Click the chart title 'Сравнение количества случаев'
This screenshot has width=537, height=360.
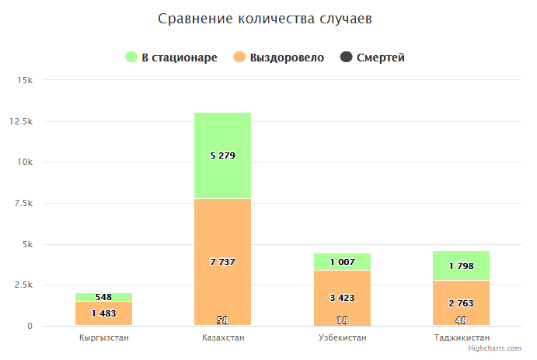pos(264,18)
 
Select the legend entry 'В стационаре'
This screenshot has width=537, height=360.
pos(172,58)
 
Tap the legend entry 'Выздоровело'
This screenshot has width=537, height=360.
pos(279,58)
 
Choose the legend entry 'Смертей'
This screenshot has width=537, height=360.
pos(374,58)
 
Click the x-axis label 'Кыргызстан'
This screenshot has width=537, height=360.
pos(103,338)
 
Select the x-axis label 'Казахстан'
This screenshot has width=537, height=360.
pos(222,338)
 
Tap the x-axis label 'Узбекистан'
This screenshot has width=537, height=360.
pos(342,338)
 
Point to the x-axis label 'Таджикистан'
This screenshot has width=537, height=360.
pos(462,338)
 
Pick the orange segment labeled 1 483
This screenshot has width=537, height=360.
pos(103,313)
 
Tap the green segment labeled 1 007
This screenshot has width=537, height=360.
pos(342,262)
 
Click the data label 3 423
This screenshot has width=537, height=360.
pos(342,297)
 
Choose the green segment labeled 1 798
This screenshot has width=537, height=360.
pos(462,266)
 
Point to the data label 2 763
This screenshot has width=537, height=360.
pos(462,303)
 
